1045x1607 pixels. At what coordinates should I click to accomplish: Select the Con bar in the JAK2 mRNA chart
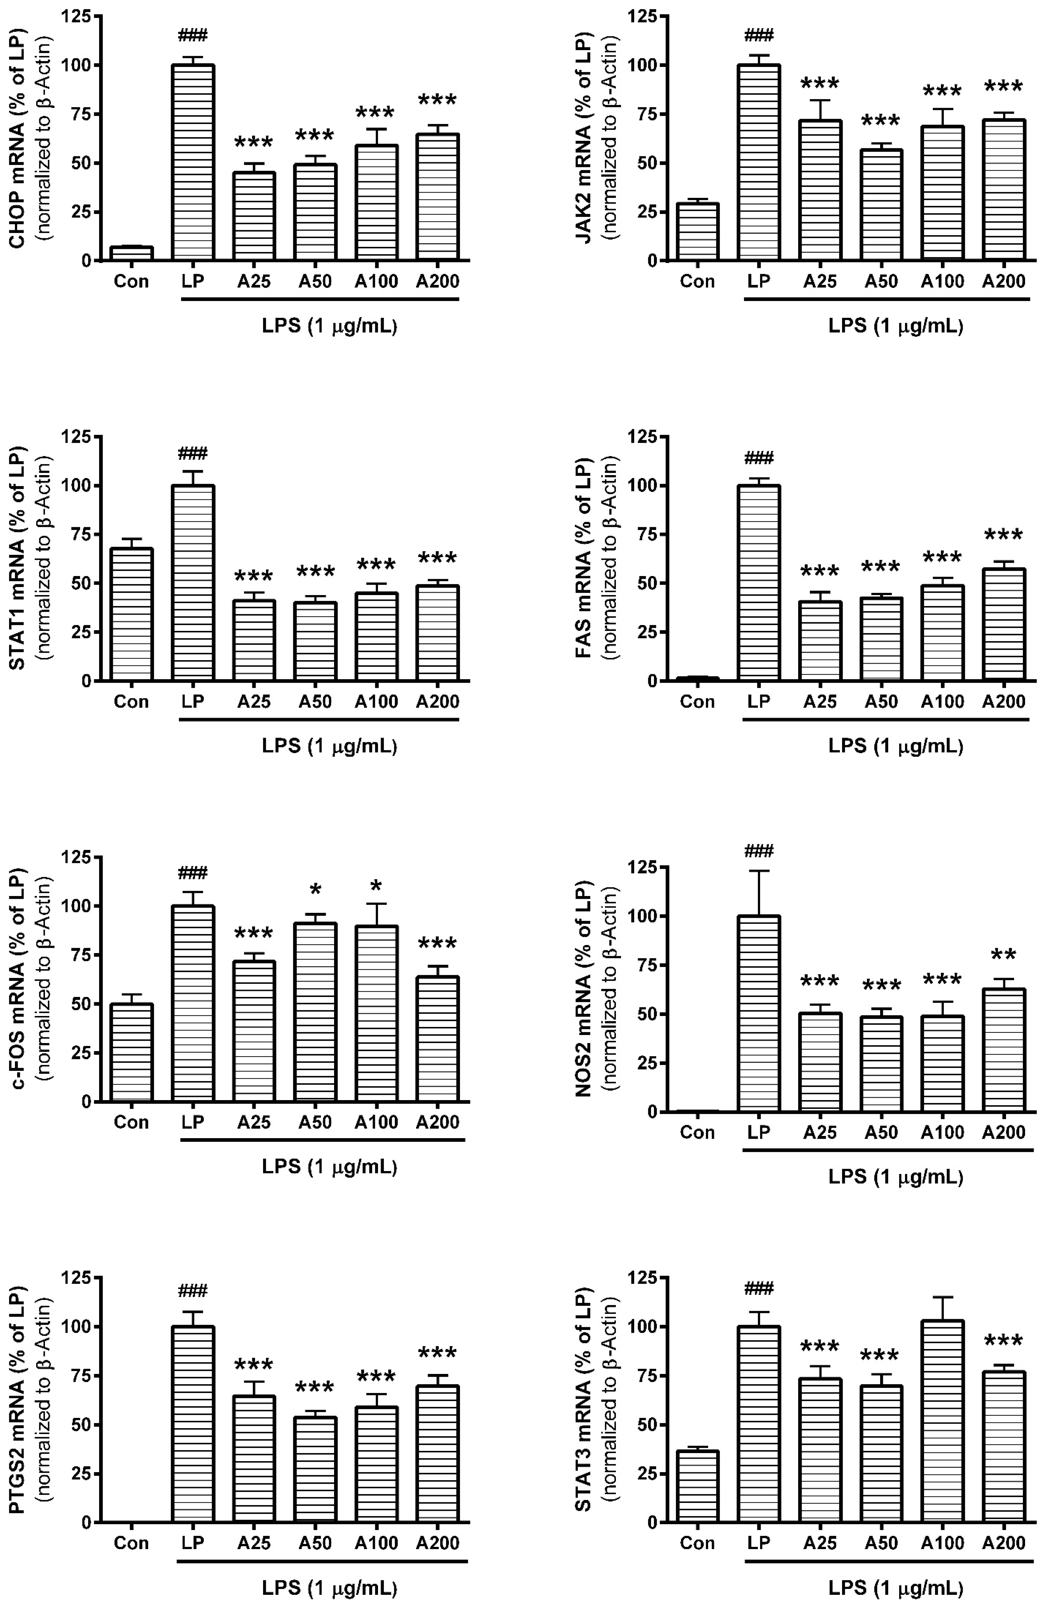pyautogui.click(x=697, y=231)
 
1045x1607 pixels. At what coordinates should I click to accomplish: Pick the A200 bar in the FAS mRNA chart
pyautogui.click(x=1004, y=625)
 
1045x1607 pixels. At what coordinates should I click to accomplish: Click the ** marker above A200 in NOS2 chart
pyautogui.click(x=1004, y=956)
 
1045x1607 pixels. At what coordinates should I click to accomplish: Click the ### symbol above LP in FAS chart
pyautogui.click(x=759, y=459)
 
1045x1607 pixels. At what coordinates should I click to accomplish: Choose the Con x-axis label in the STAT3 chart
pyautogui.click(x=697, y=1543)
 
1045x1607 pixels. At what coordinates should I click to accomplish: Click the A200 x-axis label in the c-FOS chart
pyautogui.click(x=438, y=1122)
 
